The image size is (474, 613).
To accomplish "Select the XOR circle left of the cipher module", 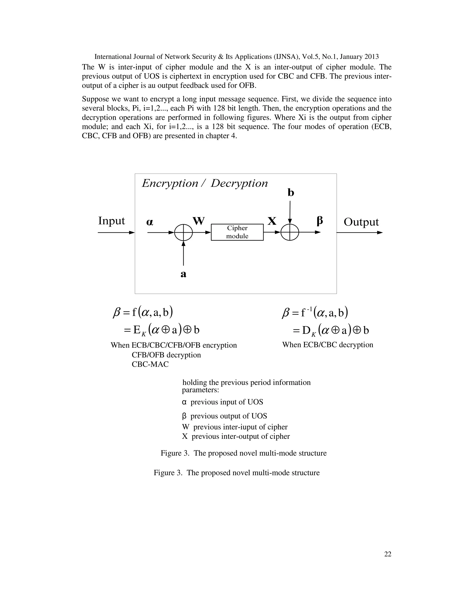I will pos(183,232).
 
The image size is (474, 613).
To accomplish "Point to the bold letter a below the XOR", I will pos(183,274).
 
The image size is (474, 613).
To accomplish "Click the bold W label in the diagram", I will pos(199,221).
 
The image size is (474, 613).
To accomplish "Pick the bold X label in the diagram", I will pos(272,221).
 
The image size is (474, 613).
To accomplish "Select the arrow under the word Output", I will pos(359,232).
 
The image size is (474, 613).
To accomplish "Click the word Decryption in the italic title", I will pos(239,183).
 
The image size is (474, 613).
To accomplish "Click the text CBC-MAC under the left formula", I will pos(150,364).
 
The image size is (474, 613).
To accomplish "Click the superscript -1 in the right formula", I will pos(309,309).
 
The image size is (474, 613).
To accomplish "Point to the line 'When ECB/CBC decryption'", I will pos(327,345).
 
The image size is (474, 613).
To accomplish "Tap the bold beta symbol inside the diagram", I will pos(320,221).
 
